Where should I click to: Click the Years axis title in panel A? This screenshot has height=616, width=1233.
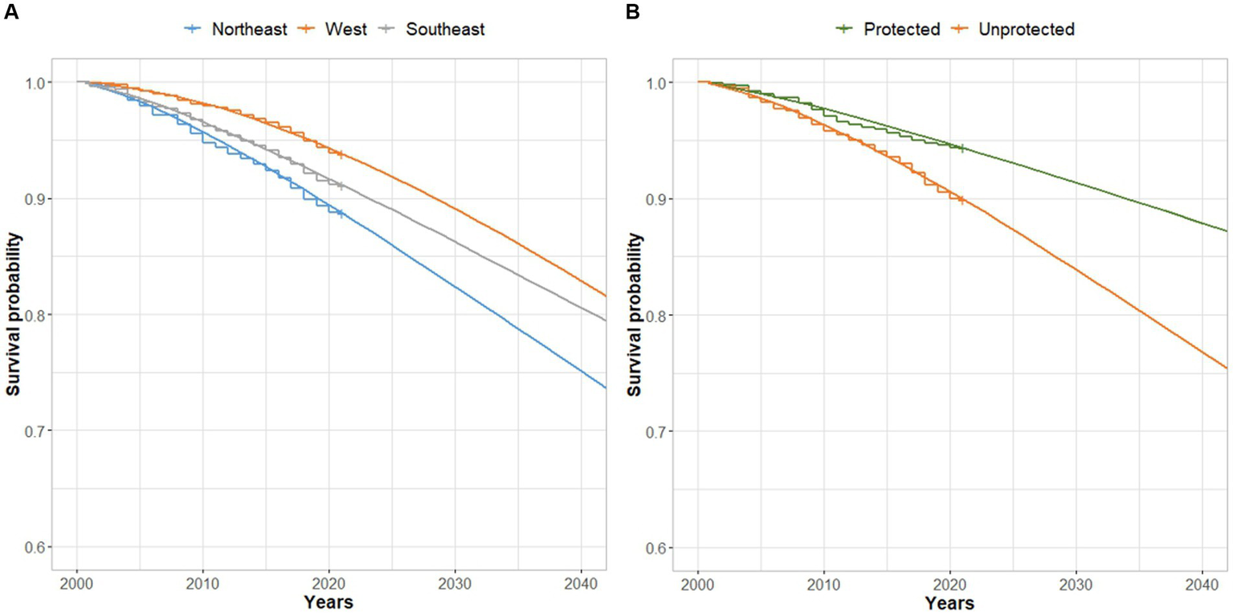point(327,602)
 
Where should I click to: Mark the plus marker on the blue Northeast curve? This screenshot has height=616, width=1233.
point(341,214)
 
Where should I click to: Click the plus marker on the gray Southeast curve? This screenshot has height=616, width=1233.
point(341,186)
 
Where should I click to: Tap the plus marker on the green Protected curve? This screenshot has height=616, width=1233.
point(961,148)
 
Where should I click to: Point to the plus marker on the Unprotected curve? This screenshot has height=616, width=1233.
point(961,199)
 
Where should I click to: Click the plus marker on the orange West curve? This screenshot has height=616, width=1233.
point(341,154)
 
